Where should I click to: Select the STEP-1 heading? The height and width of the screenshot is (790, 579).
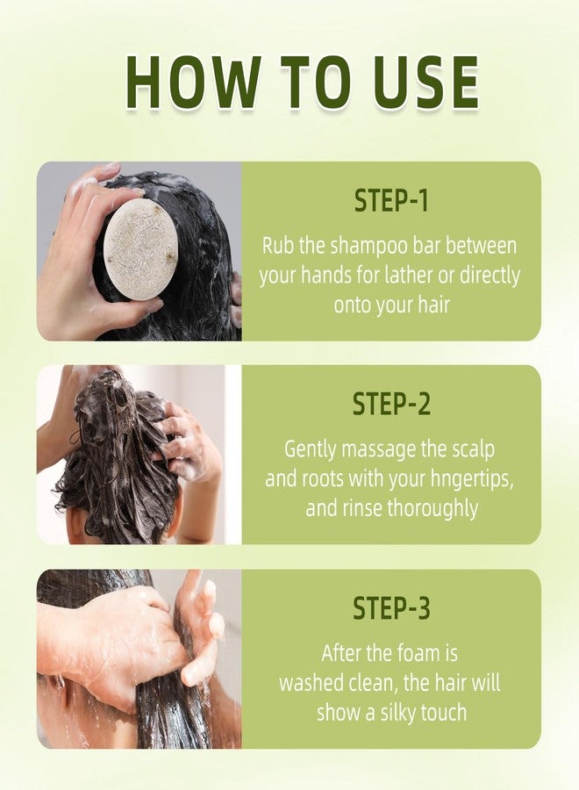pyautogui.click(x=391, y=201)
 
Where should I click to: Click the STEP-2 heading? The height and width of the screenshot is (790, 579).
pyautogui.click(x=391, y=405)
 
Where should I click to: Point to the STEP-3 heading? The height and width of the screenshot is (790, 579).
pyautogui.click(x=391, y=608)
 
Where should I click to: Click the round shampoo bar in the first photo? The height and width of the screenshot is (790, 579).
pyautogui.click(x=140, y=249)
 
